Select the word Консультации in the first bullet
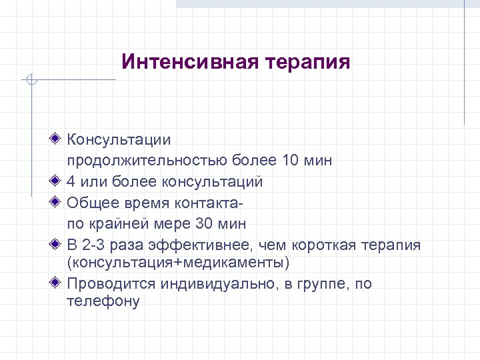coord(119,140)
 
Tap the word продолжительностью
coord(147,161)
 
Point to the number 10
coord(291,161)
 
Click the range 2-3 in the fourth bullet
coord(98,245)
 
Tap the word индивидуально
coord(205,284)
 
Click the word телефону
coord(103,301)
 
